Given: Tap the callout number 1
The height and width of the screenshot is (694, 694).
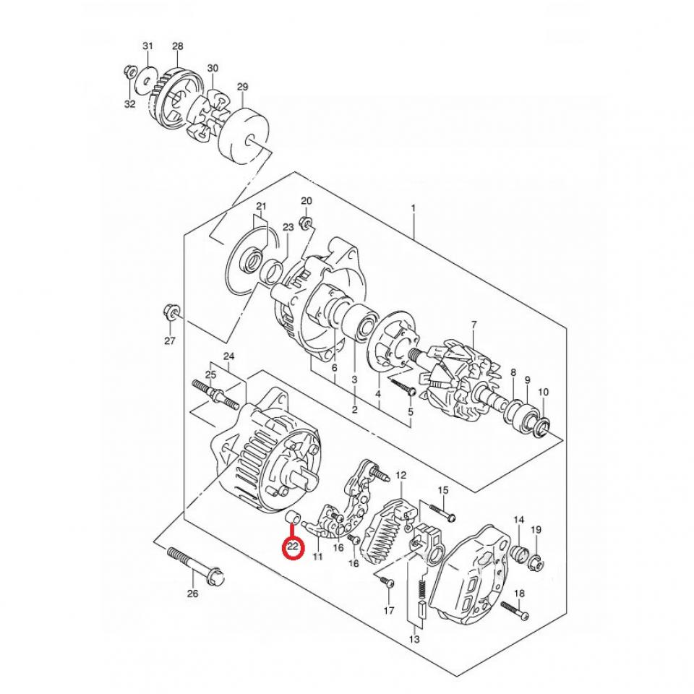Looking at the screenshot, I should tap(414, 209).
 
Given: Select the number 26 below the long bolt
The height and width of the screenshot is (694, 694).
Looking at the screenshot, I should tap(192, 594).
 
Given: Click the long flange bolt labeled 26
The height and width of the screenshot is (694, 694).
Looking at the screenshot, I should tap(194, 567).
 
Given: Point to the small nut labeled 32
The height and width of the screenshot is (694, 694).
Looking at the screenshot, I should tap(131, 72).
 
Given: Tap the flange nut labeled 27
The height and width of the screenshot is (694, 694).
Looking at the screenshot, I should tap(172, 313).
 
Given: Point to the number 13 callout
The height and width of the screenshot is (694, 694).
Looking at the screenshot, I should tap(414, 639).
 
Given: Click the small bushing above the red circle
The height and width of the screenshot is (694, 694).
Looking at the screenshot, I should tap(294, 518).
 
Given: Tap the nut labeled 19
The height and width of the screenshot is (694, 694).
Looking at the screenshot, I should tap(538, 562).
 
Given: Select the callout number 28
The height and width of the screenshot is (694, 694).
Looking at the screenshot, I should tap(178, 46).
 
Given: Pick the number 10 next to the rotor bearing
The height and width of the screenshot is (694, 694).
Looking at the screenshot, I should tap(544, 392).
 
